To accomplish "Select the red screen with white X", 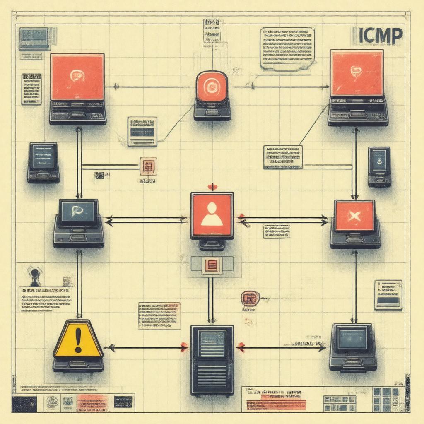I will pyautogui.click(x=354, y=215).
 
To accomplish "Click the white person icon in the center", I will pyautogui.click(x=212, y=214).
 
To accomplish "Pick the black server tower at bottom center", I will pyautogui.click(x=212, y=359).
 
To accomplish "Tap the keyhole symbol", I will pyautogui.click(x=34, y=275).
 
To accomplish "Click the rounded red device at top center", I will pyautogui.click(x=212, y=87).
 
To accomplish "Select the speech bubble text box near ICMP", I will pyautogui.click(x=287, y=48).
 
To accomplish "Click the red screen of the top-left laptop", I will pyautogui.click(x=77, y=77).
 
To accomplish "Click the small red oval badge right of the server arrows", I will pyautogui.click(x=250, y=298).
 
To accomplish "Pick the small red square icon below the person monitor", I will pyautogui.click(x=212, y=265).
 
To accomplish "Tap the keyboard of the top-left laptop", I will pyautogui.click(x=78, y=113).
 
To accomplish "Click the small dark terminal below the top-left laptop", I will pyautogui.click(x=43, y=161).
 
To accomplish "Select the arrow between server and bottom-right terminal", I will pyautogui.click(x=282, y=348).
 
